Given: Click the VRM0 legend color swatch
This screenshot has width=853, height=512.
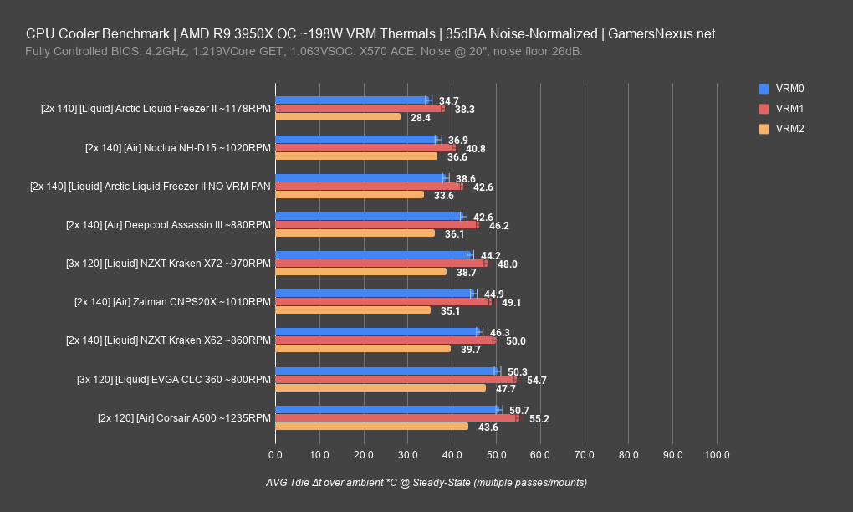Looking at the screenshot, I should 764,89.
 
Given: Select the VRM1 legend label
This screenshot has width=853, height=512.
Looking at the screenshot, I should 790,109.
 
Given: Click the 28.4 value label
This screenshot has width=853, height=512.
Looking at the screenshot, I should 421,117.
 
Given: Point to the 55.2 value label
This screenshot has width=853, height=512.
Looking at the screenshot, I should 539,418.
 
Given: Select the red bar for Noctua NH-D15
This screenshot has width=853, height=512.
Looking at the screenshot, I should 365,148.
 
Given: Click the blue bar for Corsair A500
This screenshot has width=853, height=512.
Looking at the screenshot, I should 387,409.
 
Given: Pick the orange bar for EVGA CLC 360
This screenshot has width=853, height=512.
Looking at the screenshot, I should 381,388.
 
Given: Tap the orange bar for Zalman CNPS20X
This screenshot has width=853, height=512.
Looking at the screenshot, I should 353,310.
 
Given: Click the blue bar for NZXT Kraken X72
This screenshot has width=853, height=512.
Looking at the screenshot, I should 373,254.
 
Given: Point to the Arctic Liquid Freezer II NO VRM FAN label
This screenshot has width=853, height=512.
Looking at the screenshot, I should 151,187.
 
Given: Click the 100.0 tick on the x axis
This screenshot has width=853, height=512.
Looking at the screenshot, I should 718,455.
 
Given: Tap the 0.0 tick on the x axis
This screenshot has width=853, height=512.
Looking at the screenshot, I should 275,455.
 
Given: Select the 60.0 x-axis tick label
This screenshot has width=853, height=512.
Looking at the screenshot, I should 540,455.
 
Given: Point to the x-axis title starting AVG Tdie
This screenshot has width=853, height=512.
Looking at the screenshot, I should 426,484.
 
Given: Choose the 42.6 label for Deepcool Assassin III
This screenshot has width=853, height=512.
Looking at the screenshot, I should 483,217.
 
